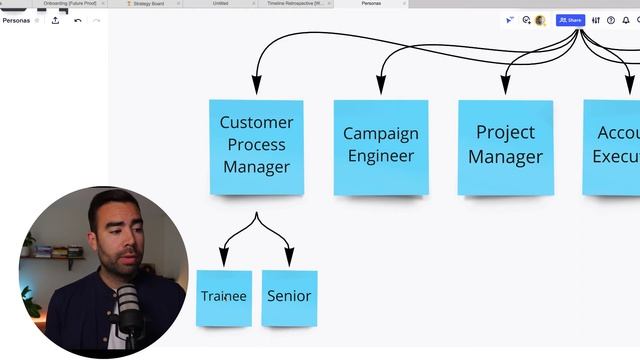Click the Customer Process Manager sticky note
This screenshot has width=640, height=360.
click(256, 146)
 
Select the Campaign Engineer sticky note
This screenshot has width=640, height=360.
click(380, 146)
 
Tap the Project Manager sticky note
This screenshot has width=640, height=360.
click(505, 146)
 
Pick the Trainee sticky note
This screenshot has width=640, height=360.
click(223, 297)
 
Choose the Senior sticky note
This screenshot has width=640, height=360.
click(289, 297)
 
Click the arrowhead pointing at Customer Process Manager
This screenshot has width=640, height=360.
click(256, 85)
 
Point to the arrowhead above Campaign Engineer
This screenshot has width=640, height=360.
click(380, 85)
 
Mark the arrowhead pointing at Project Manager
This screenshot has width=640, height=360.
click(505, 85)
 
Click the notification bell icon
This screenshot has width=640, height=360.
click(626, 20)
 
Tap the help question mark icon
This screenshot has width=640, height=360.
click(611, 20)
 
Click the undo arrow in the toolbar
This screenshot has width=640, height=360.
click(78, 20)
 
